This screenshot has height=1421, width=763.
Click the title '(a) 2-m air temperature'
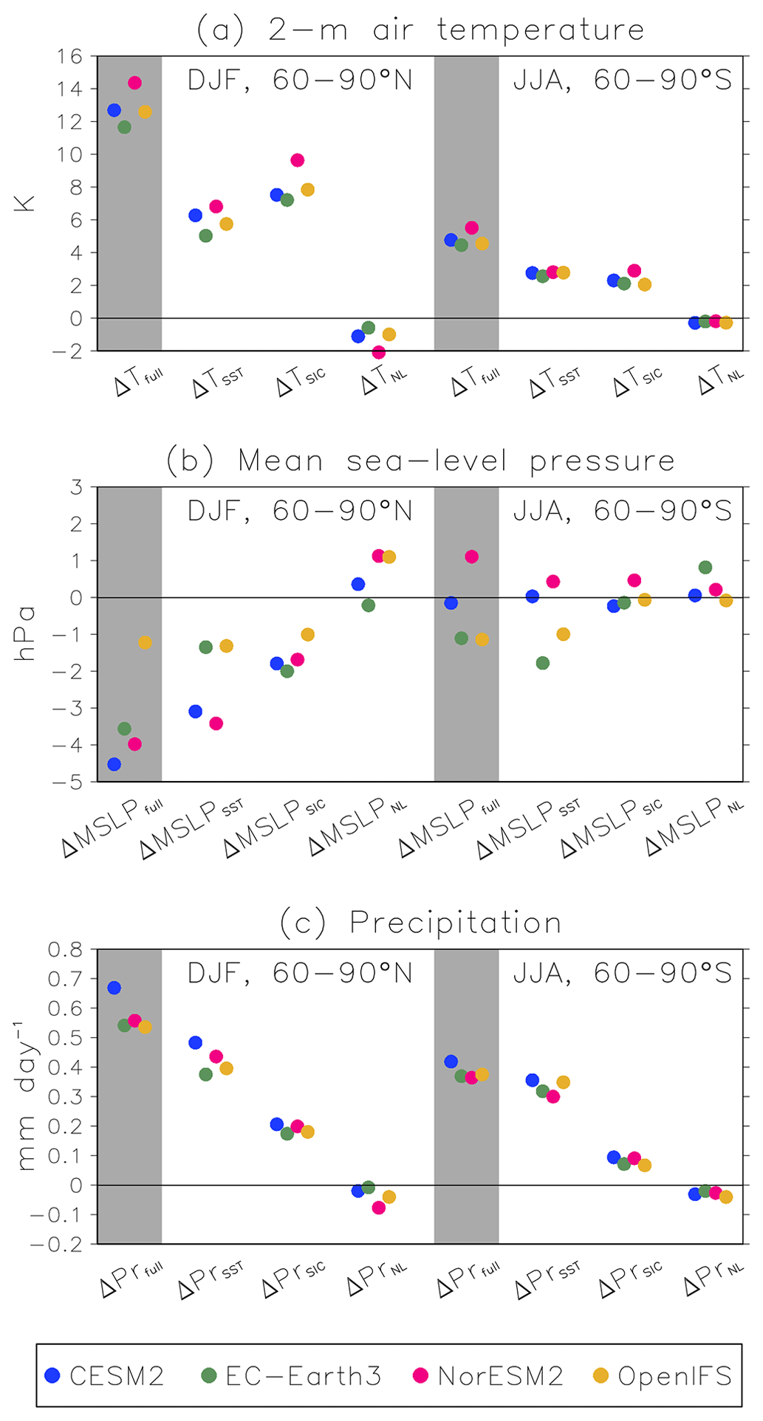coord(420,30)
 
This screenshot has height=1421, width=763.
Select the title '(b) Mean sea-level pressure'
coord(420,461)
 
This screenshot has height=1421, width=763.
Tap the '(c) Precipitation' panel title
coord(420,923)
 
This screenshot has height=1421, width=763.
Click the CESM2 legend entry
coord(104,1375)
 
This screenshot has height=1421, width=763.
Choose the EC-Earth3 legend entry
coord(292,1375)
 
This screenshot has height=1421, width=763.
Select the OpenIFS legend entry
coord(663,1375)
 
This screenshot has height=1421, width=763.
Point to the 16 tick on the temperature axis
coord(71,56)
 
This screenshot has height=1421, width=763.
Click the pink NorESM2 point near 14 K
coord(134,83)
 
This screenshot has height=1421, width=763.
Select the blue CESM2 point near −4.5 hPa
coord(114,764)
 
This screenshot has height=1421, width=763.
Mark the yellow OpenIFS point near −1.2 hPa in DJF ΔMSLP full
coord(145,642)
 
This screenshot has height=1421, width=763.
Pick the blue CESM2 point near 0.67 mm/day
coord(114,988)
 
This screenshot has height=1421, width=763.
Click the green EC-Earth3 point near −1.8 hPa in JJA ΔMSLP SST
coord(542,663)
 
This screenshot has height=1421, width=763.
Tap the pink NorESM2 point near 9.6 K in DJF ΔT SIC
coord(297,160)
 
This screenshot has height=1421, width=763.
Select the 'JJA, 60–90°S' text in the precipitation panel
coord(622,973)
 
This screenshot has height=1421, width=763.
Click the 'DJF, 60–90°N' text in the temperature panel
coord(300,80)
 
